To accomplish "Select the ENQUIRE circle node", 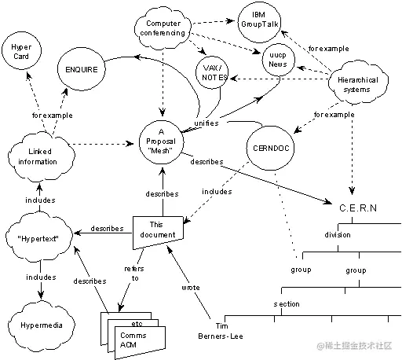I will pos(82,70).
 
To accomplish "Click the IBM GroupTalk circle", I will pos(258,20).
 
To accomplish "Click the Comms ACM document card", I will pos(135,340).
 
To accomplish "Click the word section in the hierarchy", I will pos(286,303).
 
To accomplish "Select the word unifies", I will pos(206,123).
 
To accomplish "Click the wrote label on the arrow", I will pos(191,288).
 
